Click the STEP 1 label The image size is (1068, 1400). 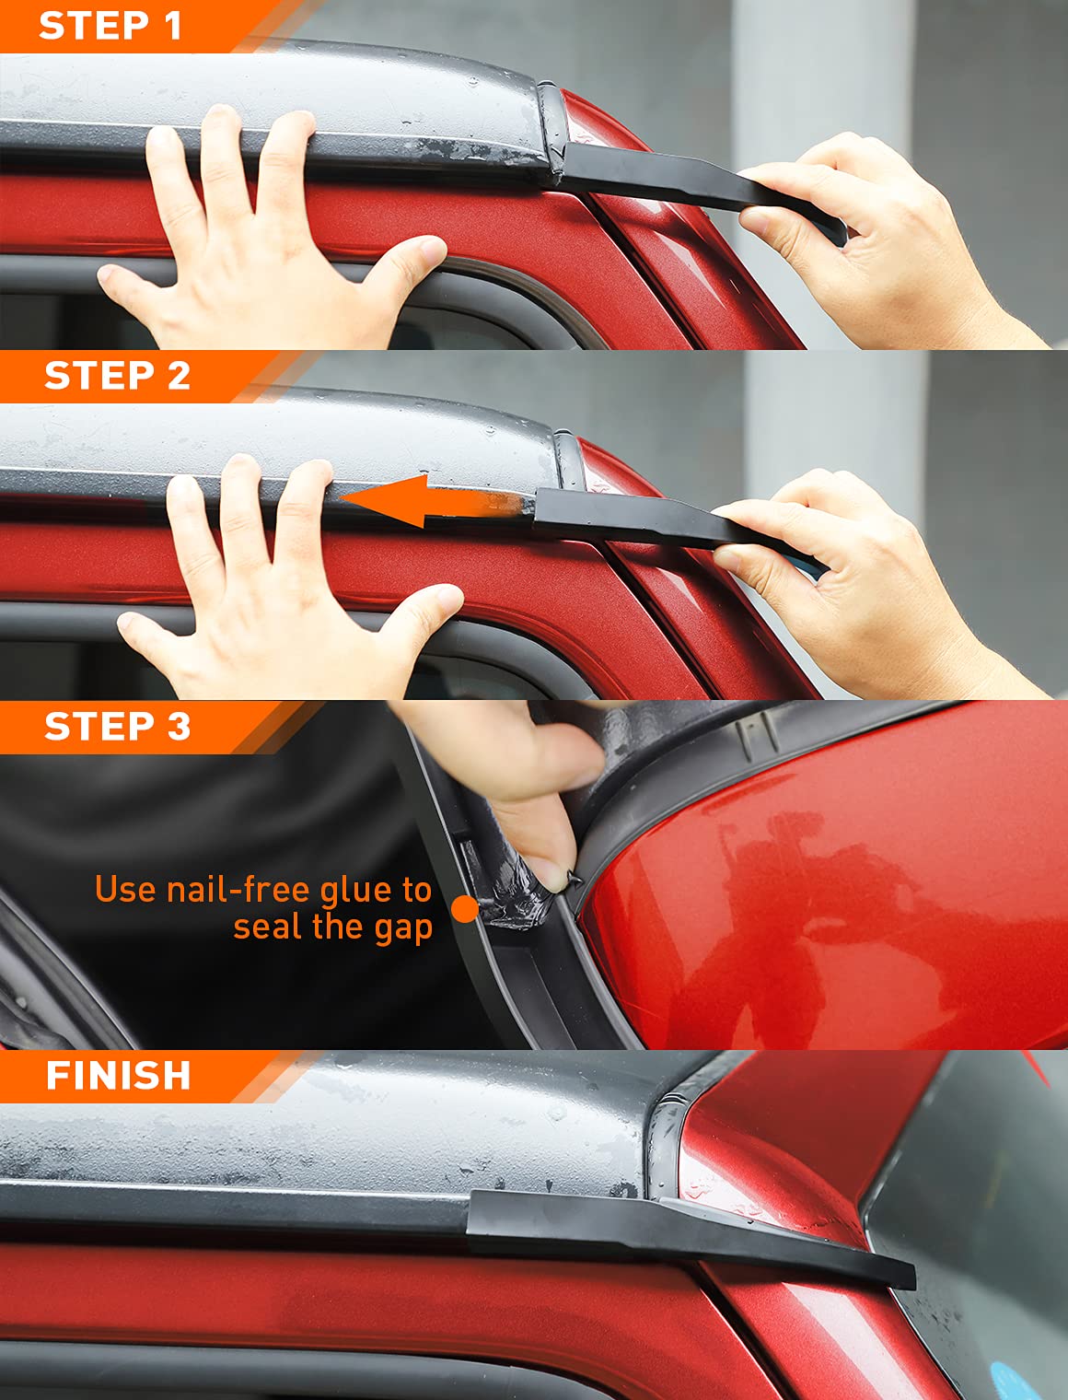pos(110,26)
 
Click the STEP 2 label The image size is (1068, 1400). pos(117,376)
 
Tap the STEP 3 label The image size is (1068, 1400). pos(117,727)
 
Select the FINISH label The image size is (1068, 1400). pos(118,1076)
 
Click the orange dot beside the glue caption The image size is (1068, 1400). pos(465,909)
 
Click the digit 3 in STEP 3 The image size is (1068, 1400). pos(179,727)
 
